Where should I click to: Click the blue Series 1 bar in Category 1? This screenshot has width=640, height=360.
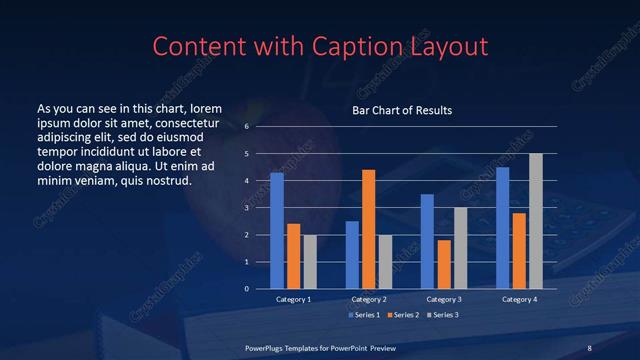(x=277, y=231)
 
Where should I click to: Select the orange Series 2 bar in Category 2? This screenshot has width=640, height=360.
(x=368, y=229)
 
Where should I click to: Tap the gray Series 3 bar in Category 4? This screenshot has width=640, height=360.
(x=535, y=221)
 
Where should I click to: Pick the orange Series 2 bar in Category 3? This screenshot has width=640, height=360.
(x=443, y=264)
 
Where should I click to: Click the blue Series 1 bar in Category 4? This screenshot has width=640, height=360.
(x=502, y=228)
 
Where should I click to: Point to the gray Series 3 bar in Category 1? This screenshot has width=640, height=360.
(x=310, y=262)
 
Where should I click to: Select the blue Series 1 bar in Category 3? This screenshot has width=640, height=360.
(x=427, y=241)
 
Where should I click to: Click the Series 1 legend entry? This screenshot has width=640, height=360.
(x=363, y=315)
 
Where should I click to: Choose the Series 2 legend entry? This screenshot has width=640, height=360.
(x=403, y=315)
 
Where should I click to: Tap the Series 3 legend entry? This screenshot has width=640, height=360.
(x=443, y=315)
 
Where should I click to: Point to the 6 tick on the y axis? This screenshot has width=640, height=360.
(x=246, y=127)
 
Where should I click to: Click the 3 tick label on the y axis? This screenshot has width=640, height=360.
(x=246, y=208)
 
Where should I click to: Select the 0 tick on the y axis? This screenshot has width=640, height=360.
(x=246, y=289)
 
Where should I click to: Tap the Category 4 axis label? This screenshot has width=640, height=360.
(x=518, y=299)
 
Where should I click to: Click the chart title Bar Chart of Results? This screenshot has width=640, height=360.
(x=401, y=110)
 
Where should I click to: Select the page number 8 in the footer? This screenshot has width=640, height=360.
(x=589, y=347)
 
